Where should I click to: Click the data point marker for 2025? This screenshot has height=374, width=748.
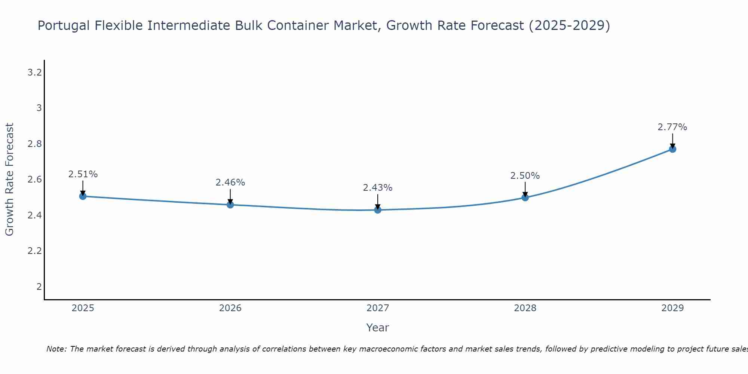[x=83, y=196]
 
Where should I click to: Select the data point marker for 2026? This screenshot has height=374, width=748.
[x=230, y=205]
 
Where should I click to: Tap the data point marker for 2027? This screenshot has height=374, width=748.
[x=378, y=210]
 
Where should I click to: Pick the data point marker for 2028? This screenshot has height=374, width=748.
[x=525, y=197]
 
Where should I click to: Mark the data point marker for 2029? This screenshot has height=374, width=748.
[x=672, y=149]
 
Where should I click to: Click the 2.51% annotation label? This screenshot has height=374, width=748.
[x=83, y=174]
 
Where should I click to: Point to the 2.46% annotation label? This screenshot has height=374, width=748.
[x=230, y=183]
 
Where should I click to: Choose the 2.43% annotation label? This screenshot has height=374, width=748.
[x=378, y=188]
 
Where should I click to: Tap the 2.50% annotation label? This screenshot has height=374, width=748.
[x=525, y=176]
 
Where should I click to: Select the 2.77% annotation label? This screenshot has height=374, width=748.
[x=672, y=127]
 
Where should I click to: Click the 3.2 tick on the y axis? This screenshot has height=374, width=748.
[x=34, y=73]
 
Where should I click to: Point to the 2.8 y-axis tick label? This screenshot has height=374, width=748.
[x=34, y=144]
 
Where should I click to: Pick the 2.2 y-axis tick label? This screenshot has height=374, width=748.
[x=34, y=251]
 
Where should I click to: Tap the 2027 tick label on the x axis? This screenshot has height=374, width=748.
[x=378, y=308]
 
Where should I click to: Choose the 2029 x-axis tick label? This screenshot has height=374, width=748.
[x=672, y=308]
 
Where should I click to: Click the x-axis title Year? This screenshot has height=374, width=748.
[x=378, y=328]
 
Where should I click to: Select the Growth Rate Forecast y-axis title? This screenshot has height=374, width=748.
[x=10, y=180]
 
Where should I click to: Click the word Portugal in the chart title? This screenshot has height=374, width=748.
[x=64, y=26]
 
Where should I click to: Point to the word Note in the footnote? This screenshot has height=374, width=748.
[x=56, y=349]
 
